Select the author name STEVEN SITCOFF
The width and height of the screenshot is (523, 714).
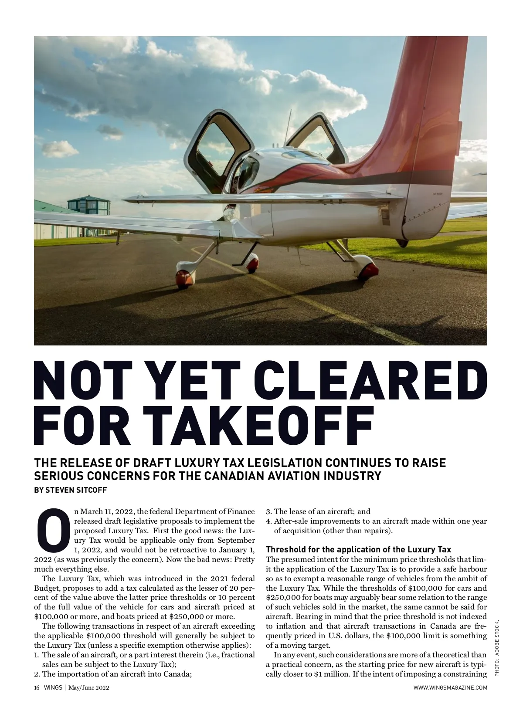76,490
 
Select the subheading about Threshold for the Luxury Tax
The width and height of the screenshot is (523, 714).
358,549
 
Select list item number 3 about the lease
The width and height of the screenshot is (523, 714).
318,511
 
